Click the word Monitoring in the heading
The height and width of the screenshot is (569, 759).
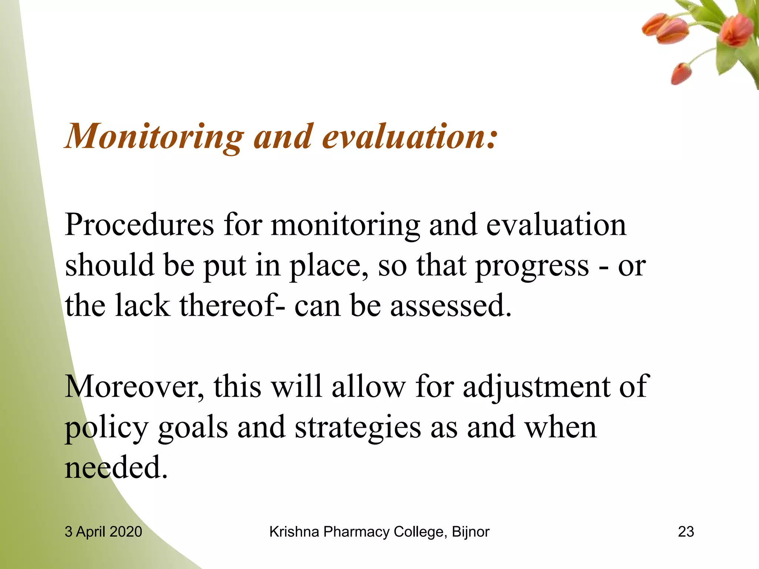pos(155,137)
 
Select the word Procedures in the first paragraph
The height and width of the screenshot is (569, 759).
pos(139,225)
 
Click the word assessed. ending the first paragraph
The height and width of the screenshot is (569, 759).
pos(451,306)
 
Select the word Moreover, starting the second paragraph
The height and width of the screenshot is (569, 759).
pos(134,387)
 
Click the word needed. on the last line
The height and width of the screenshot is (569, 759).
pos(116,467)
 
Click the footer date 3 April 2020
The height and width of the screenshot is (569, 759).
pos(103,532)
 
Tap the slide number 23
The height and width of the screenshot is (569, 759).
pos(686,532)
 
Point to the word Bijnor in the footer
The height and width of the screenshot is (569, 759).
pos(471,532)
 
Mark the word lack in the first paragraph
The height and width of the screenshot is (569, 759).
pos(142,306)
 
